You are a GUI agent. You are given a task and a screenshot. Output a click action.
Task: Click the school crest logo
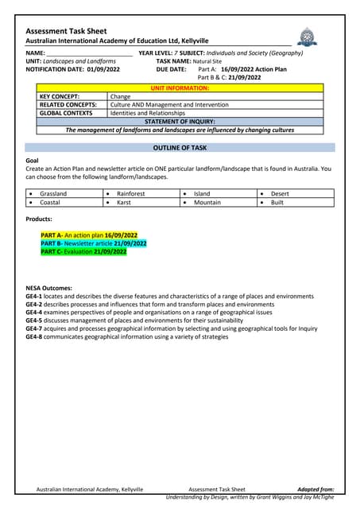(x=306, y=36)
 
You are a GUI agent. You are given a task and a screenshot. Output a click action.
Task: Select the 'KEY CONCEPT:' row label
(x=60, y=95)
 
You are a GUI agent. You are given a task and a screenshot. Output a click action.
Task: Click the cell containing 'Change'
(x=120, y=95)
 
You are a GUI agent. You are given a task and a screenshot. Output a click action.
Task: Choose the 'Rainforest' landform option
(x=131, y=193)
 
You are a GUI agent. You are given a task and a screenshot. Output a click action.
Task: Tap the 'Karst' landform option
(x=124, y=202)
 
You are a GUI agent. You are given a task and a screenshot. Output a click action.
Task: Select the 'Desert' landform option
(x=280, y=193)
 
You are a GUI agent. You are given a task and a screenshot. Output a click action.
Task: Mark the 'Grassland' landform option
(x=53, y=193)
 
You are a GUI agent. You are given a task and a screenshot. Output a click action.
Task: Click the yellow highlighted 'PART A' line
(x=89, y=235)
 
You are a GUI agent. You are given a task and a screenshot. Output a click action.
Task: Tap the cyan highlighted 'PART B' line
(x=94, y=243)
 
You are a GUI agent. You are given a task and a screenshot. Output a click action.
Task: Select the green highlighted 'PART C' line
(x=83, y=251)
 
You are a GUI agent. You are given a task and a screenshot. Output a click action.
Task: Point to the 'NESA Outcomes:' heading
(x=49, y=288)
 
